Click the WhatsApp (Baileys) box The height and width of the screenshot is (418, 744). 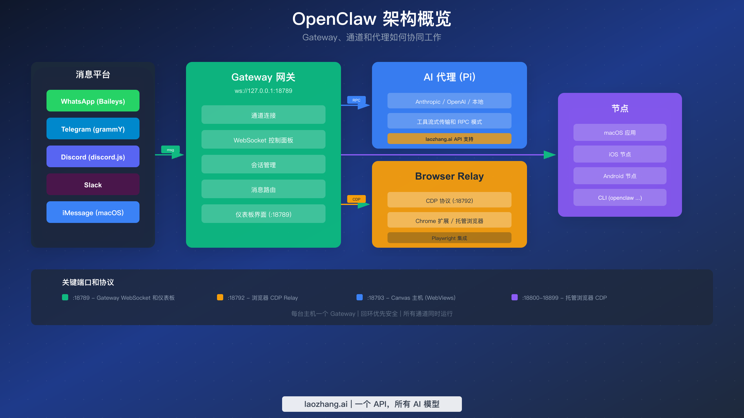tap(93, 101)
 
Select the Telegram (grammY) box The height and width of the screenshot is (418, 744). tap(93, 128)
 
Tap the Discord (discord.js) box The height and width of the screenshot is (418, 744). tap(93, 156)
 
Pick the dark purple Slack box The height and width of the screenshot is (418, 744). tap(93, 184)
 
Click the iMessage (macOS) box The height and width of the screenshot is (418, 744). tap(93, 212)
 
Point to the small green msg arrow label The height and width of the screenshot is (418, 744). tap(170, 150)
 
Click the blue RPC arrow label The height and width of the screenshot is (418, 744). tap(356, 100)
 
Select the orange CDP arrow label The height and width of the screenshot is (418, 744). tap(356, 199)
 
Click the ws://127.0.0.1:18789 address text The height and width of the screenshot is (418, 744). tap(263, 91)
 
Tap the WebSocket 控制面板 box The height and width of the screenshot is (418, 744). tap(263, 140)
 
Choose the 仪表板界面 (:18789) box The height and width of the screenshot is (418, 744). tap(263, 214)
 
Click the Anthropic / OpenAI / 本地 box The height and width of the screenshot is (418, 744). tap(449, 101)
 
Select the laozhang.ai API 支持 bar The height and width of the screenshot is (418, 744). tap(449, 139)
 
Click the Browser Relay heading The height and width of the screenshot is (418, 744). tap(449, 176)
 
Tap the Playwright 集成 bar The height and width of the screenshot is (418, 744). tap(449, 238)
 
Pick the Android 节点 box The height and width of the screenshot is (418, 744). tap(620, 176)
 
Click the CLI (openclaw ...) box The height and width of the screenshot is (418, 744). tap(620, 198)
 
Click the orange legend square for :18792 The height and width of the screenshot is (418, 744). tap(220, 297)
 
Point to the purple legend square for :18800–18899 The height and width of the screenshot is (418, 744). tap(515, 297)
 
